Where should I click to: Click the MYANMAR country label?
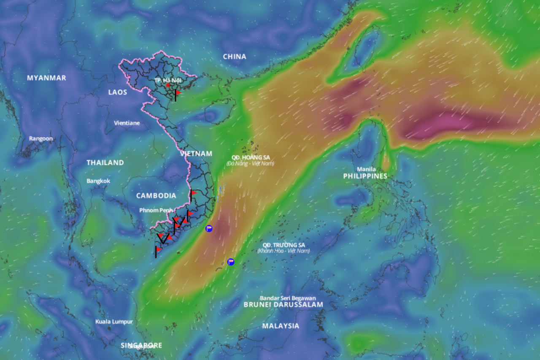(46, 78)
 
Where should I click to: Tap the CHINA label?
(235, 57)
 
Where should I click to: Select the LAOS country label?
(117, 92)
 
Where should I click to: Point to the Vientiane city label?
(127, 123)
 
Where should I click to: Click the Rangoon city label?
(41, 139)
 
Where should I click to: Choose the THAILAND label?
(105, 162)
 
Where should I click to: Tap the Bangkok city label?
(98, 181)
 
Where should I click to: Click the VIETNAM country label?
(196, 154)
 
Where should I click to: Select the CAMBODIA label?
(156, 196)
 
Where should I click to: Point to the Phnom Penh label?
(156, 210)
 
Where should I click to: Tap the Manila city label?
(366, 169)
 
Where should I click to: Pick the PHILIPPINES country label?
(365, 176)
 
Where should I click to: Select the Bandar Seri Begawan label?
(288, 298)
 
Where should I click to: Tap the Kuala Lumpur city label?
(114, 322)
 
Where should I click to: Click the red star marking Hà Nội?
(168, 85)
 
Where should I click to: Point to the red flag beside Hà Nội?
(178, 92)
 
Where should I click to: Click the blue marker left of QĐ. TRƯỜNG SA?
(231, 262)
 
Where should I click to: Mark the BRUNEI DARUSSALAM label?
(283, 305)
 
